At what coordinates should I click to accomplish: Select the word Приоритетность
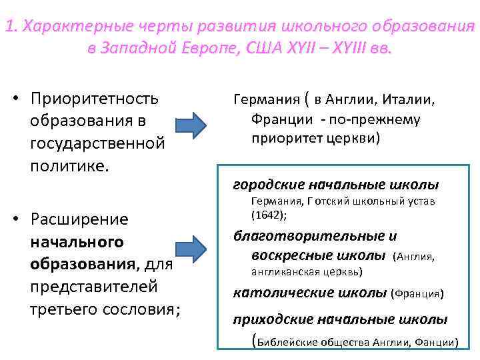[95, 99]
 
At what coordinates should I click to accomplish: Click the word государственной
[97, 142]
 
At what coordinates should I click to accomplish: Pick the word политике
[68, 163]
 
